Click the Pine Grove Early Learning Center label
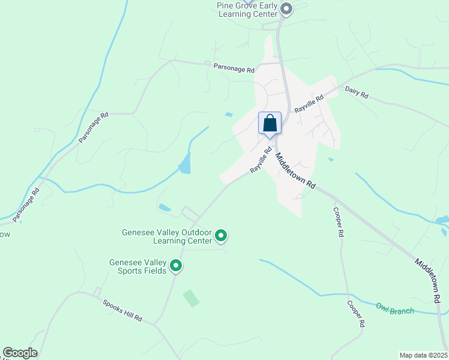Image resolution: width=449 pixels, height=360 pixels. point(247,9)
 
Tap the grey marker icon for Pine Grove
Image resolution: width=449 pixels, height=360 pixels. point(286,8)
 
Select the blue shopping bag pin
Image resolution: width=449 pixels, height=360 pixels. point(270,124)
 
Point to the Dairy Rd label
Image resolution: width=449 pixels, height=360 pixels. point(357,91)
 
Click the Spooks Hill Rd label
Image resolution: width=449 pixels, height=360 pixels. point(122,310)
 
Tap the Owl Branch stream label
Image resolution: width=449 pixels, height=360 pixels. point(395,310)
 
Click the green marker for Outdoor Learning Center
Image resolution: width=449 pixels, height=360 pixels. point(221,236)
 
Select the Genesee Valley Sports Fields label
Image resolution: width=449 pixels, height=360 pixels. point(138,266)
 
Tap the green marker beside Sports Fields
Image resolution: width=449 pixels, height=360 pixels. point(176,265)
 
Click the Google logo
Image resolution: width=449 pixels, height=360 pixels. point(20,353)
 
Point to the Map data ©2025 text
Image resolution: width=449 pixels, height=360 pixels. point(423,355)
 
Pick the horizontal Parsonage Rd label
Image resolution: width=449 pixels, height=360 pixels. point(234,68)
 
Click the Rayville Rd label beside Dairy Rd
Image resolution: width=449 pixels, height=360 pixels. point(309,104)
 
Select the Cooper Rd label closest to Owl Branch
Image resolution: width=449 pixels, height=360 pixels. point(355,313)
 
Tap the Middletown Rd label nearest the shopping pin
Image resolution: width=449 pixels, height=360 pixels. point(295,171)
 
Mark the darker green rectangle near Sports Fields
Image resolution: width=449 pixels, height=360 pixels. point(191,298)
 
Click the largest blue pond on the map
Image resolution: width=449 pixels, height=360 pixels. point(185,163)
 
